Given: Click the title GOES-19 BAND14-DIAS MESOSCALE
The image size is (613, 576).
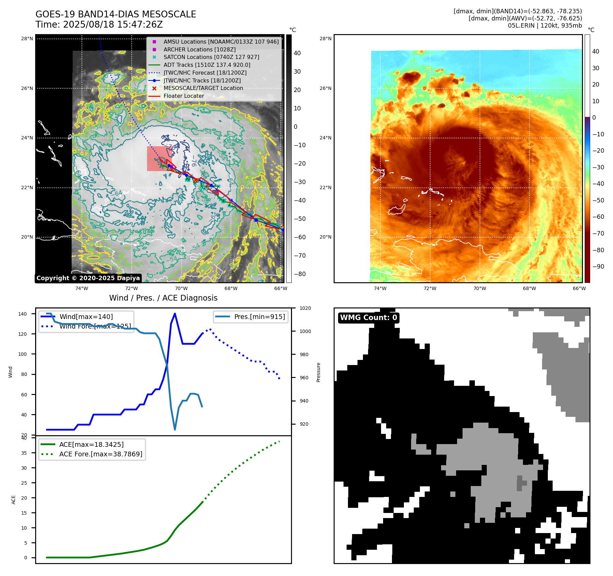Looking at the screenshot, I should point(116,14).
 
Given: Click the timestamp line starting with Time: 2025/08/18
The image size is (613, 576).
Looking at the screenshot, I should point(99,25).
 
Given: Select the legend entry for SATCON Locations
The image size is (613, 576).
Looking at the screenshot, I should point(211,57).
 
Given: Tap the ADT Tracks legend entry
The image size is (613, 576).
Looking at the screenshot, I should point(207,65).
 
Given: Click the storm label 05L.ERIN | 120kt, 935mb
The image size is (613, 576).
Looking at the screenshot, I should point(545,26).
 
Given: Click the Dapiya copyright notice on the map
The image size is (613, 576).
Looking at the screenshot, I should point(88,278).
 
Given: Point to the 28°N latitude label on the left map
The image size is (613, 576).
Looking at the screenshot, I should point(27,39).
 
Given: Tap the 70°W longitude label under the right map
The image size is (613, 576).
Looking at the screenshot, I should point(480,288).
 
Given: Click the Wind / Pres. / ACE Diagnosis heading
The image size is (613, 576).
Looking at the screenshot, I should point(163,298).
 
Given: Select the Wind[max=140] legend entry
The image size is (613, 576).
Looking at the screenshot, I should point(86,317).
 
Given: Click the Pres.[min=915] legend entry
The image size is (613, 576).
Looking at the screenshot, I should point(259,317).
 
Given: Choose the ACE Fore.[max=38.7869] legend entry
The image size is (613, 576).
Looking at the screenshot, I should point(101,454).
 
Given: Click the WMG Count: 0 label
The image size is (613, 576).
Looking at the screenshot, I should point(368,318).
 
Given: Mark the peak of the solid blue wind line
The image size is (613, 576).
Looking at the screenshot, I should point(175,314).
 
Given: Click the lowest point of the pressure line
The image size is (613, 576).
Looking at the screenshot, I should point(175,429).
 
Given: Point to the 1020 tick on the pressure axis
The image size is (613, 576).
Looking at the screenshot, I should point(305,308).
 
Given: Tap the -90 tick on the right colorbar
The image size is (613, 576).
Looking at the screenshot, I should point(598,267).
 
